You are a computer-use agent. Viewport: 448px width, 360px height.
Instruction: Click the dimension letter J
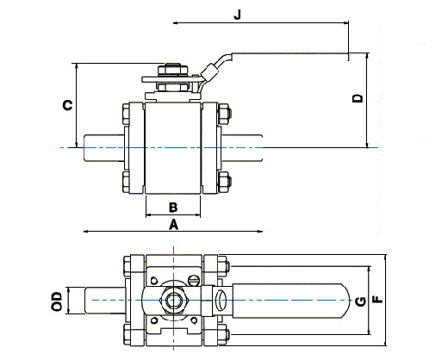click(238, 15)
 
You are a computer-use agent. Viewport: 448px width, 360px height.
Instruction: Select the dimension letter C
click(68, 105)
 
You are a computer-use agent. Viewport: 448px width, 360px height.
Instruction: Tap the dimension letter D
click(358, 98)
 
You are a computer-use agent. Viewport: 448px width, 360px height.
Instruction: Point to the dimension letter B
click(173, 208)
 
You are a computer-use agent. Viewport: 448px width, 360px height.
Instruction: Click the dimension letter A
click(173, 225)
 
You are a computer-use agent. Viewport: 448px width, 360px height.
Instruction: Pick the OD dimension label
click(57, 301)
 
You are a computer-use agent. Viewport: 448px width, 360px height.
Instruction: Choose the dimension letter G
click(361, 301)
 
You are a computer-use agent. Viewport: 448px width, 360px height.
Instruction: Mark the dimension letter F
click(378, 299)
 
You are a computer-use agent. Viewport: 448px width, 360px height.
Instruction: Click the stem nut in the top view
click(173, 301)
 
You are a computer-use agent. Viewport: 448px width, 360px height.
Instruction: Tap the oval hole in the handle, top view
click(221, 300)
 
